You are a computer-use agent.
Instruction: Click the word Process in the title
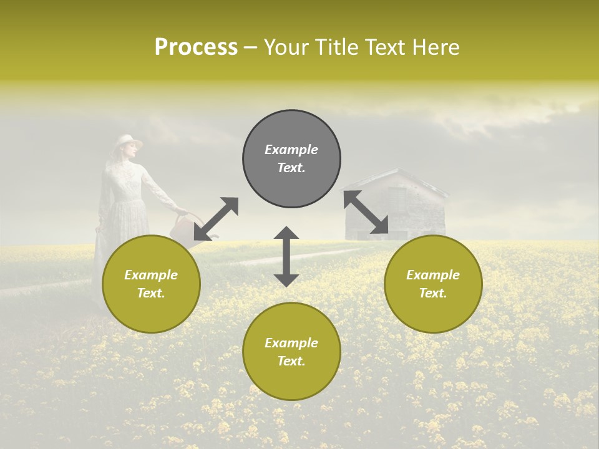click(196, 47)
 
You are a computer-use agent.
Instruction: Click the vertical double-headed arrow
click(286, 256)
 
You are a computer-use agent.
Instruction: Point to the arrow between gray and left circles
click(216, 219)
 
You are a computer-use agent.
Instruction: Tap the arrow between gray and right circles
click(366, 213)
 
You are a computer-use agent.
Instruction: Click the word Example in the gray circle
click(291, 150)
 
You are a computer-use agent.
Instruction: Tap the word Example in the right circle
click(433, 275)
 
